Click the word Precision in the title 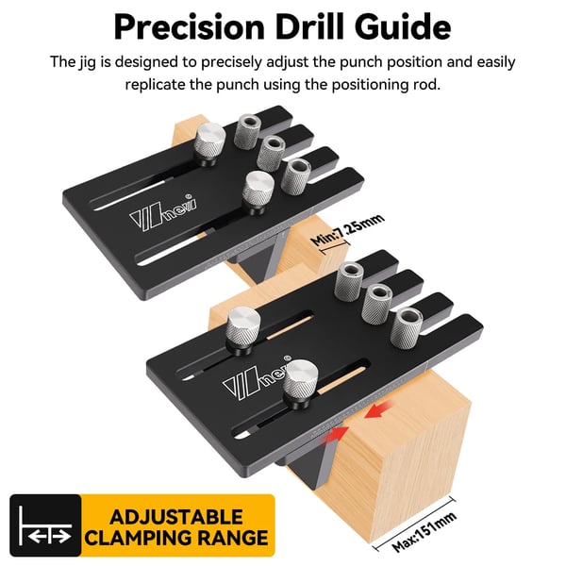[x=190, y=27]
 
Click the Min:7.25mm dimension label [x=347, y=229]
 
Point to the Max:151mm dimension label [x=425, y=531]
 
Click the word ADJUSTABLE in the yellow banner [x=176, y=517]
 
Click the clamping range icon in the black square [x=45, y=525]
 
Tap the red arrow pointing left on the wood [x=378, y=411]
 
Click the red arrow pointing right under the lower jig [x=337, y=434]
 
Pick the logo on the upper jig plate [x=162, y=214]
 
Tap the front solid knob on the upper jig [x=258, y=191]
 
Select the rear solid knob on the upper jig [x=210, y=143]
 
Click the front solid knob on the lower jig [x=300, y=383]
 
